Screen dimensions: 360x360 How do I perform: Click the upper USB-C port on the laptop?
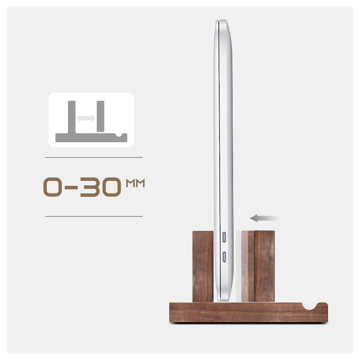(x=224, y=237)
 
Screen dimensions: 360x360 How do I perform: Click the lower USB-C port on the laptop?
(x=224, y=257)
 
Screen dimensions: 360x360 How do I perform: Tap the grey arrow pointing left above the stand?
(x=264, y=218)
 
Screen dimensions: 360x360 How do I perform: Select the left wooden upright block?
(x=203, y=266)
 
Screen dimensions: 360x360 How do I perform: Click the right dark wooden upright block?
(x=261, y=266)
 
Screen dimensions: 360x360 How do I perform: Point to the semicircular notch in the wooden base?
(x=310, y=306)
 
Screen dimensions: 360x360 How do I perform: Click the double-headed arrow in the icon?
(x=86, y=118)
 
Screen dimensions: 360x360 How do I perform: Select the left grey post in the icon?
(x=72, y=117)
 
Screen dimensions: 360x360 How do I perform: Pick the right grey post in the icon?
(x=100, y=116)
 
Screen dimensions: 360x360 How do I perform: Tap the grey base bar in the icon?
(x=91, y=138)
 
